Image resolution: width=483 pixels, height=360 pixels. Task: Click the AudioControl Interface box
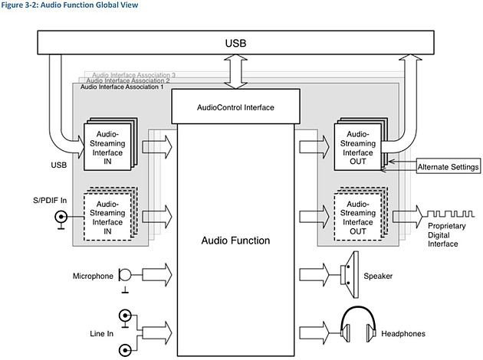(235, 106)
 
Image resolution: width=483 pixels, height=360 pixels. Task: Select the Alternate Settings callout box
(449, 166)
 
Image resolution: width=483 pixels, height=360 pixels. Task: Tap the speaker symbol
(350, 275)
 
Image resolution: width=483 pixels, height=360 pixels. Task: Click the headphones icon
(358, 324)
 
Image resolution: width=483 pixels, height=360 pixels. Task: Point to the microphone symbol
(125, 278)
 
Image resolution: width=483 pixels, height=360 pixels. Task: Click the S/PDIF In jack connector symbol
(61, 219)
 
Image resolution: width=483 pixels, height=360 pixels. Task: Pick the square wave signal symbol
(450, 214)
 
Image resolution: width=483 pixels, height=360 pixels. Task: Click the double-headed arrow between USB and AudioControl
(235, 72)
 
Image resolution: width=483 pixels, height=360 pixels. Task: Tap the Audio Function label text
(235, 241)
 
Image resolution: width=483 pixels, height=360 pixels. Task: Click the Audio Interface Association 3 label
(133, 75)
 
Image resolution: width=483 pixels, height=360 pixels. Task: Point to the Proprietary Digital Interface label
(446, 235)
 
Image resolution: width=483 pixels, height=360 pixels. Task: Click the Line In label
(101, 333)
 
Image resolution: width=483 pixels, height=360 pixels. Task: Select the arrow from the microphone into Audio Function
(157, 275)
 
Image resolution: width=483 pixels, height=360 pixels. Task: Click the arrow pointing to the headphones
(314, 332)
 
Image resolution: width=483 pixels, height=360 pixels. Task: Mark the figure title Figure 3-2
(69, 5)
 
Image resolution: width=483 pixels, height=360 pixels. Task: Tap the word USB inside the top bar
(235, 43)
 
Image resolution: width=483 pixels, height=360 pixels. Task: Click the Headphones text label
(403, 333)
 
